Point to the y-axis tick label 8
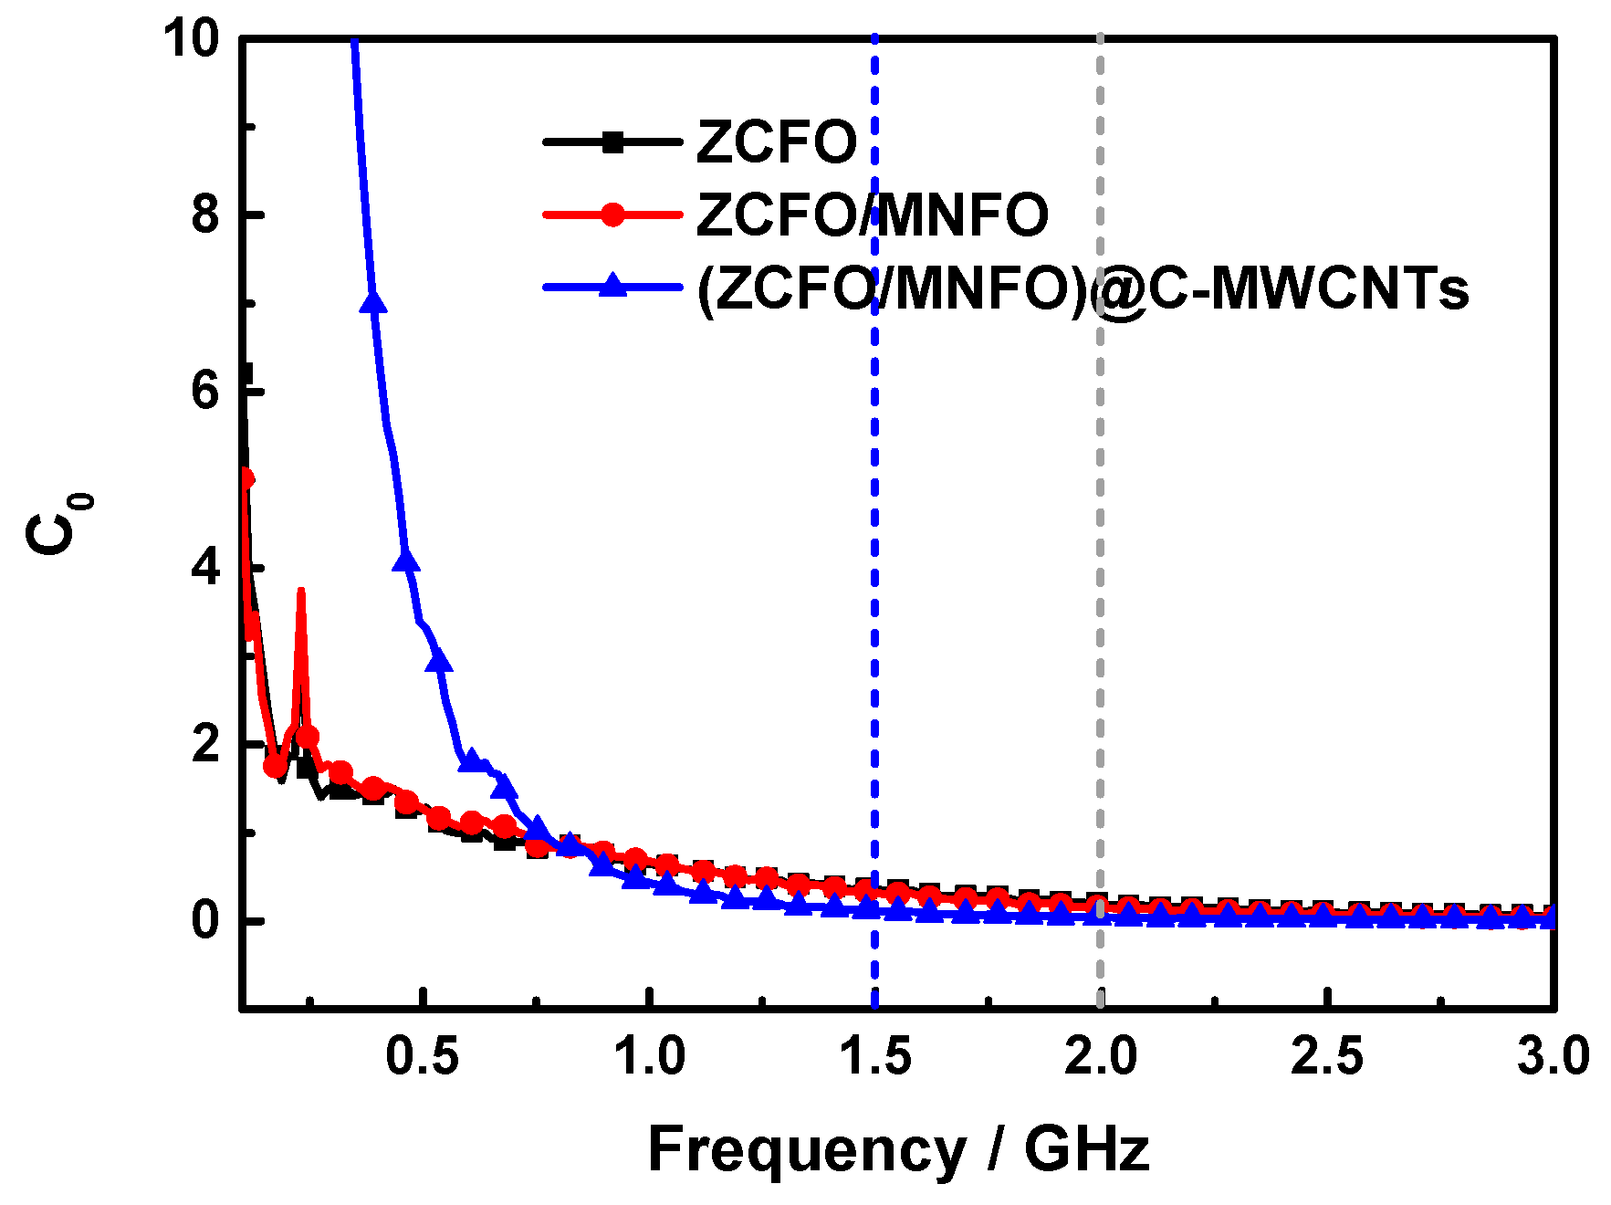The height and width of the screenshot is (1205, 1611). pyautogui.click(x=205, y=215)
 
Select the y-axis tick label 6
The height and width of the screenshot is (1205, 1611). pyautogui.click(x=205, y=392)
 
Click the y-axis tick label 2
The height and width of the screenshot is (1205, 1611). pyautogui.click(x=205, y=745)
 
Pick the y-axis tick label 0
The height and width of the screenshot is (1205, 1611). pyautogui.click(x=205, y=920)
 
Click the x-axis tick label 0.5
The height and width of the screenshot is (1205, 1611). pyautogui.click(x=422, y=1057)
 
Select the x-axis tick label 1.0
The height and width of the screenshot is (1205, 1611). pyautogui.click(x=648, y=1057)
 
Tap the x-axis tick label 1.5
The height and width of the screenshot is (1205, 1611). pyautogui.click(x=874, y=1057)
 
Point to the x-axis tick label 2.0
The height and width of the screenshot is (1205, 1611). pyautogui.click(x=1101, y=1057)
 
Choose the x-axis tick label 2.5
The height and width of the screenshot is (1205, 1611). pyautogui.click(x=1326, y=1057)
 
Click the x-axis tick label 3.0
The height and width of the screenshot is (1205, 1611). pyautogui.click(x=1553, y=1057)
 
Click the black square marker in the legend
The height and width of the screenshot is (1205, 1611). pyautogui.click(x=612, y=141)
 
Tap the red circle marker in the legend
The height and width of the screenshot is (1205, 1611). pyautogui.click(x=612, y=215)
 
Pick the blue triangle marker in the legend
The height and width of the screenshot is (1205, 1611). pyautogui.click(x=612, y=286)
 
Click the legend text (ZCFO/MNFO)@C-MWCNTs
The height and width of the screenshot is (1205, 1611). pyautogui.click(x=1082, y=288)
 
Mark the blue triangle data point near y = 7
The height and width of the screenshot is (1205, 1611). pyautogui.click(x=372, y=302)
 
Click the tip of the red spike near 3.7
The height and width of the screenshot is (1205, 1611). pyautogui.click(x=300, y=592)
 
